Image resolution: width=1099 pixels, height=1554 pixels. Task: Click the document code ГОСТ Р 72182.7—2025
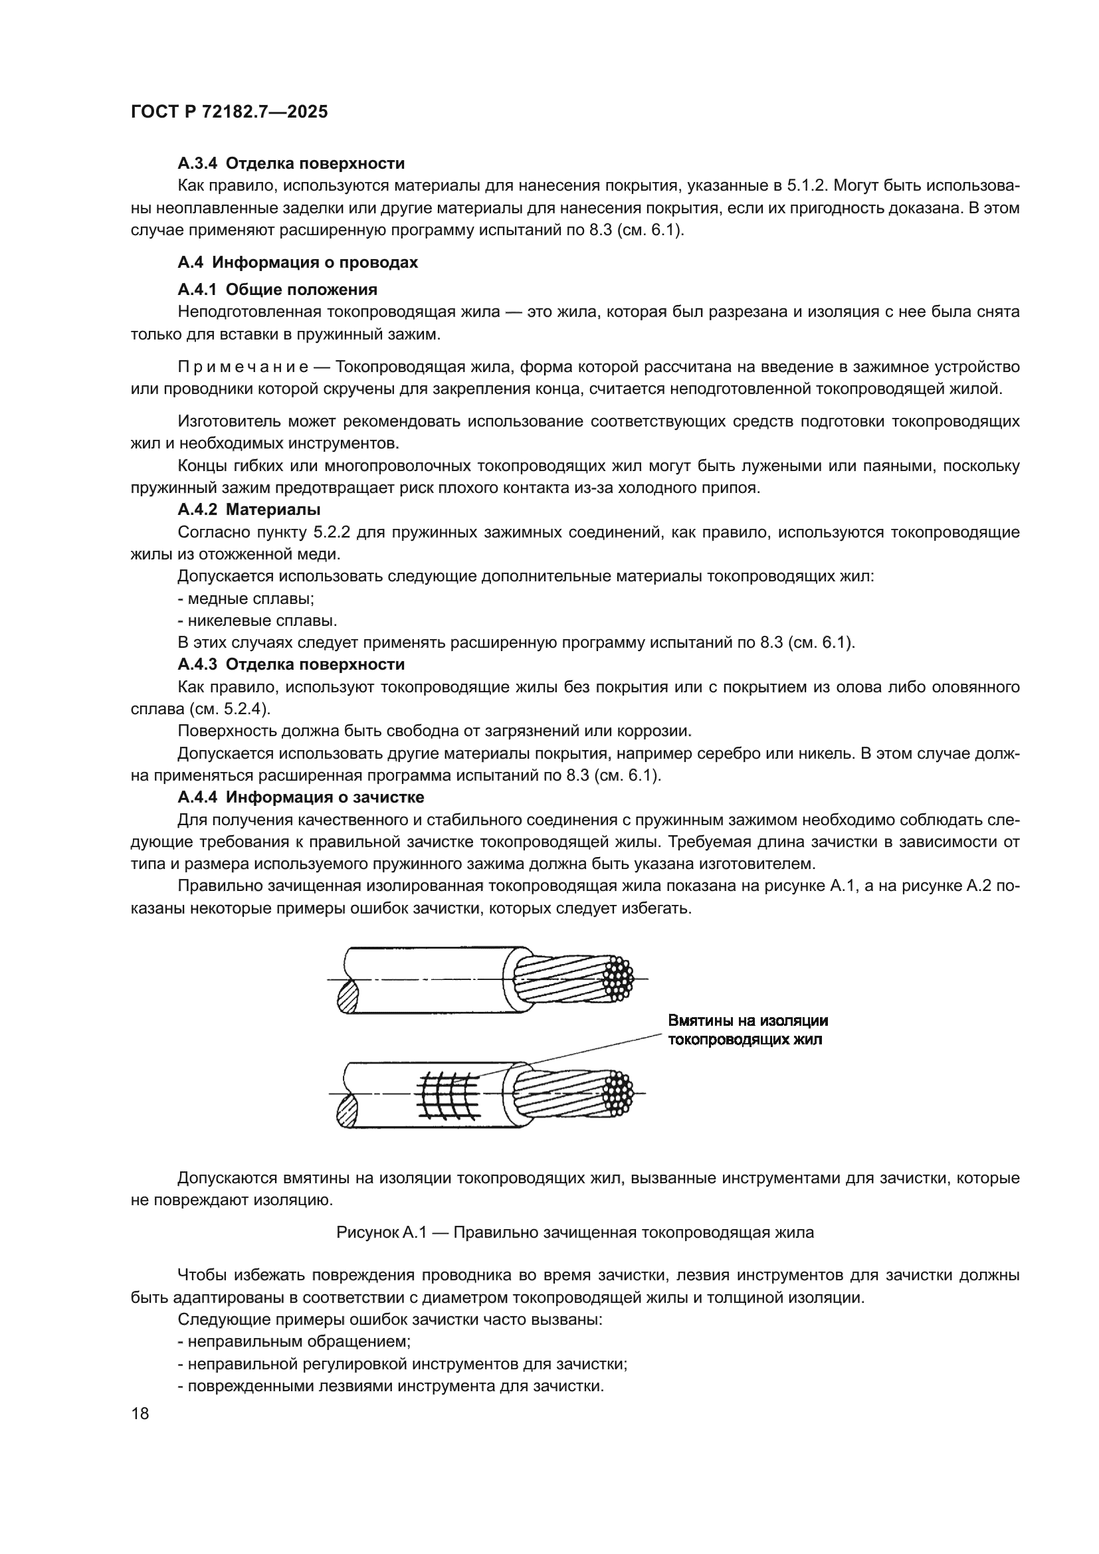coord(229,112)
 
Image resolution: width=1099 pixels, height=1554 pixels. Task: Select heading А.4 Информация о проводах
coord(298,262)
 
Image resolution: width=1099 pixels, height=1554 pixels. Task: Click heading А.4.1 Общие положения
coord(278,290)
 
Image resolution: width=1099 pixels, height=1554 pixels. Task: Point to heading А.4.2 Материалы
coord(249,509)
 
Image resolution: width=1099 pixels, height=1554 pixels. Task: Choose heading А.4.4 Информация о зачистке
coord(300,797)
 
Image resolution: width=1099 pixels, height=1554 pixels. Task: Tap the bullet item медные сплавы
coord(246,599)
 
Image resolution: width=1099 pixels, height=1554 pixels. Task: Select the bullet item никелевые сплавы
coord(257,621)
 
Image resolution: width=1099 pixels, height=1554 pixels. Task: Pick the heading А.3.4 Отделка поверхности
coord(291,163)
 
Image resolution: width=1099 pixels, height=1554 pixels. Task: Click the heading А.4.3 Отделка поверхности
coord(291,664)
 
